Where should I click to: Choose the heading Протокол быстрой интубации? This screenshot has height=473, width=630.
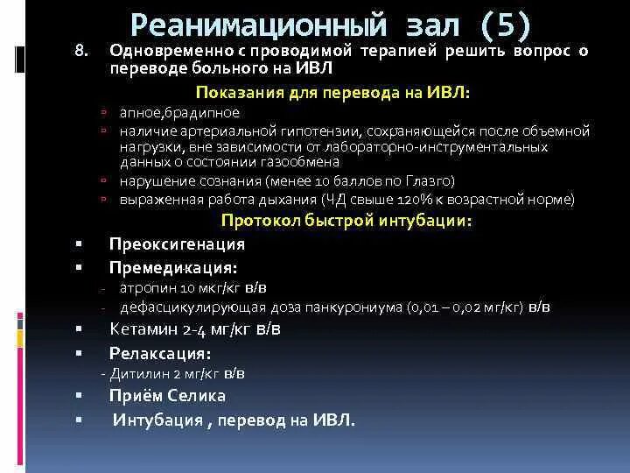346,220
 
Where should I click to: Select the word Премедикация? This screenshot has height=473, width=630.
171,267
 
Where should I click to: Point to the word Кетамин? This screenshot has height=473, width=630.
140,329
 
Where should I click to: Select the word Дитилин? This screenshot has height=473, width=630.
136,373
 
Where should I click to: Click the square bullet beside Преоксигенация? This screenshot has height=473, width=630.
79,244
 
